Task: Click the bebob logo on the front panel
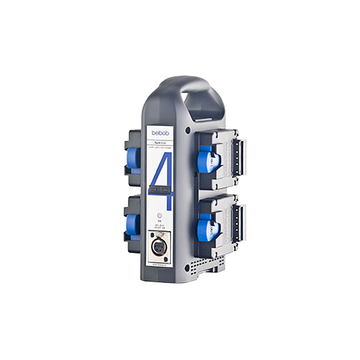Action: coord(160,132)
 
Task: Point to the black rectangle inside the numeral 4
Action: coord(162,189)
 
